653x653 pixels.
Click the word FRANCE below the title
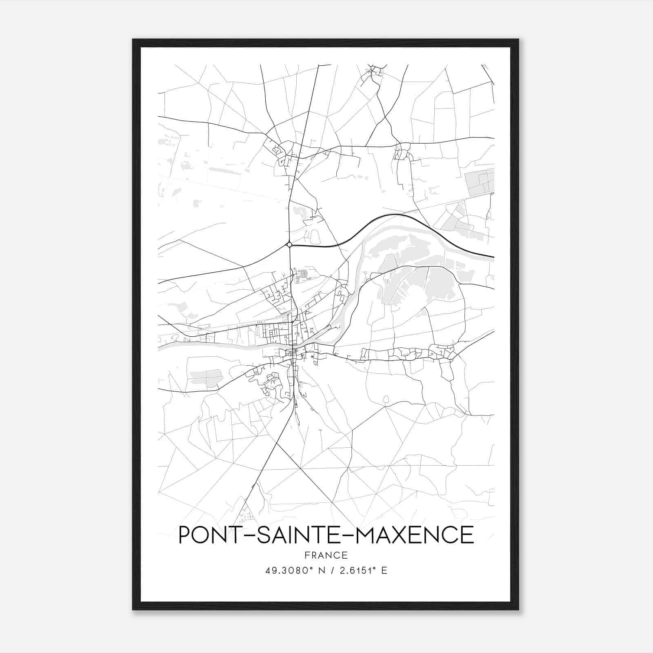click(x=326, y=555)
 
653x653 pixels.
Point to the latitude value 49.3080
click(x=286, y=571)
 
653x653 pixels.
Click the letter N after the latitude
click(x=322, y=571)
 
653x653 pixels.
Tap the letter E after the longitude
click(x=384, y=571)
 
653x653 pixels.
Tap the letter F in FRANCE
click(x=307, y=555)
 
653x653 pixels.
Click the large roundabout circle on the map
click(x=289, y=244)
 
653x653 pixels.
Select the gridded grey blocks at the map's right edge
click(x=480, y=182)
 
